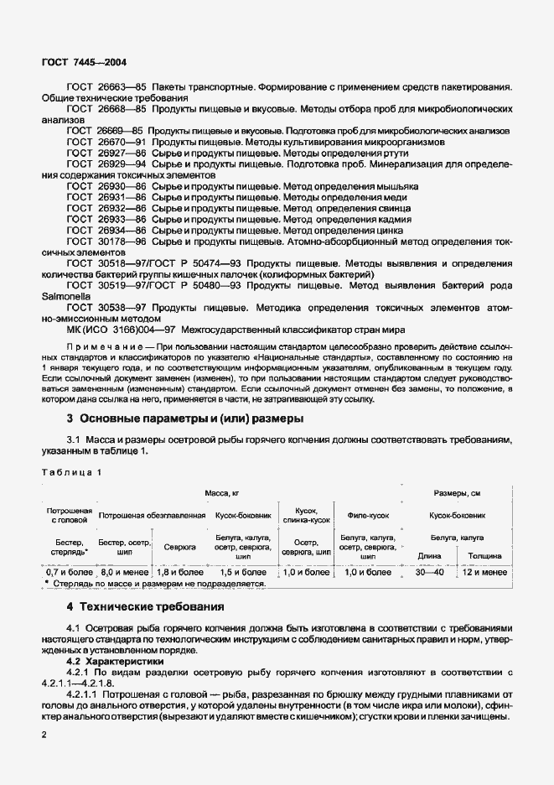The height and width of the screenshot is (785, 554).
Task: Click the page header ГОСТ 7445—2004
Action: (84, 62)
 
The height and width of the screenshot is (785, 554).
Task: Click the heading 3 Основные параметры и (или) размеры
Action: (184, 418)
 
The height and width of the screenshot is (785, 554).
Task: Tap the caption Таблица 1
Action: (70, 471)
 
